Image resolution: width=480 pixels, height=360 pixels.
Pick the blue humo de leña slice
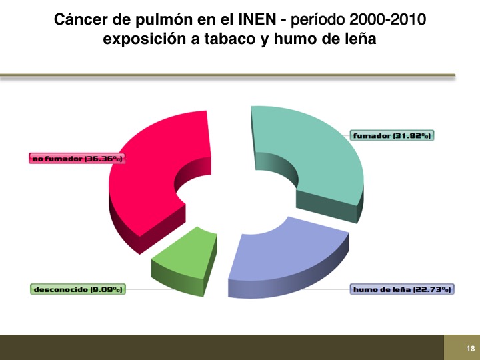288,260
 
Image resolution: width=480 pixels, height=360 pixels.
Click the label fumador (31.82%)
392,135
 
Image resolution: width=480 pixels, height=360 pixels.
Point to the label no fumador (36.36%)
77,158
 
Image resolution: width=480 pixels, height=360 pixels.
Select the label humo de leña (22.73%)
402,289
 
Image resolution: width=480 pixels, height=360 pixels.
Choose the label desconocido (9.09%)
78,289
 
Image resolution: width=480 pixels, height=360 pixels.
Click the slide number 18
471,349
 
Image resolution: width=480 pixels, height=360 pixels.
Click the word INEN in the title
257,19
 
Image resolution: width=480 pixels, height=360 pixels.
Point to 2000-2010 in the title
387,19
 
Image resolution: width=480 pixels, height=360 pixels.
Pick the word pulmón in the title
163,21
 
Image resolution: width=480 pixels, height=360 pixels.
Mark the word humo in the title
293,39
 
